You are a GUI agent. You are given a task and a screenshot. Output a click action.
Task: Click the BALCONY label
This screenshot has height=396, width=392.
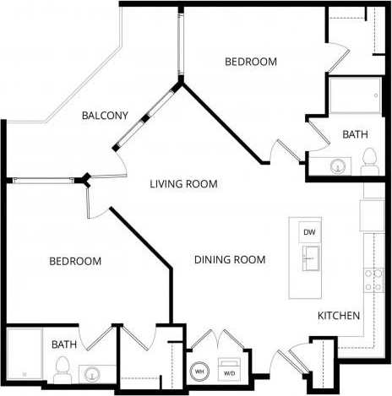coord(106,116)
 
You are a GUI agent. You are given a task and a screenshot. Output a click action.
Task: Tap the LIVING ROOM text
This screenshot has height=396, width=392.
coord(184,184)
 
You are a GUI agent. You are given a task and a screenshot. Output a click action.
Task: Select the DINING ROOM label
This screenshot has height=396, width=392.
coord(230,259)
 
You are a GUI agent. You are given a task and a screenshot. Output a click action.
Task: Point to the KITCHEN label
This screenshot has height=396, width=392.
coord(339,316)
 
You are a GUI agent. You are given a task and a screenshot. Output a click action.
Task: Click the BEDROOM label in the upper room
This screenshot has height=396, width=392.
coord(251,62)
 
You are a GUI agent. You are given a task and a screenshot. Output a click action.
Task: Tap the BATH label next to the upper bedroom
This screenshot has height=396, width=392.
coord(354,134)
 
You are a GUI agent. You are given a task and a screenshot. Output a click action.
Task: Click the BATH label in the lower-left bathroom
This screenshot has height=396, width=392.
coord(64,344)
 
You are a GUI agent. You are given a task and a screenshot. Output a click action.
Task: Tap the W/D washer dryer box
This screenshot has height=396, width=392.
coord(229,369)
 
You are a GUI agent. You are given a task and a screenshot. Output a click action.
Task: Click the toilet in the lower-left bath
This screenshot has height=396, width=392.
coord(60,368)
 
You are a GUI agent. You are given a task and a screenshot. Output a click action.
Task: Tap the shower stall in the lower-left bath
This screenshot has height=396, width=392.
coord(23,353)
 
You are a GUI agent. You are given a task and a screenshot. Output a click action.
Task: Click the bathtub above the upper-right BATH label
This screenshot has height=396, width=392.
coord(353,98)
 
